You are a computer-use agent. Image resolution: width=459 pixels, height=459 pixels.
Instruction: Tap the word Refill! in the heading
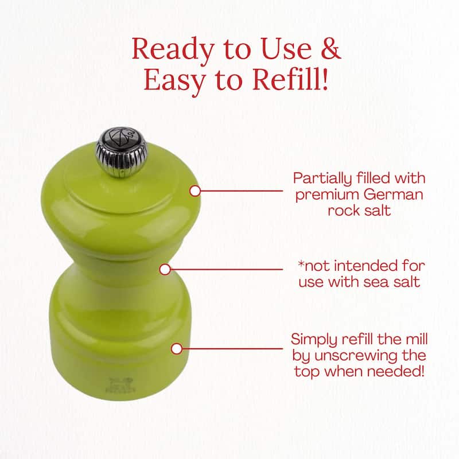290,79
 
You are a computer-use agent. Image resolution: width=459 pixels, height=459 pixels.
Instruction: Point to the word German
394,195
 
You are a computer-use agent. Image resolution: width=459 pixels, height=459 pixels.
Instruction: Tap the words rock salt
359,211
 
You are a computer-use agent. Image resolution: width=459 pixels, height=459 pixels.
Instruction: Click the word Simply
314,340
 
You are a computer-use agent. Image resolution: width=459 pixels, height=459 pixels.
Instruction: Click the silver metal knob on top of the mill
121,152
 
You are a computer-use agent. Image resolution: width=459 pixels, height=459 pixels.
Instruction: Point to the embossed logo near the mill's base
120,385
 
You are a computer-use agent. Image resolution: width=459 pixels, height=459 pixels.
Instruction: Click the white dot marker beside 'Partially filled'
195,191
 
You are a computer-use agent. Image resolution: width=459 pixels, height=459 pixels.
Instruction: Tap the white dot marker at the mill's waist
165,269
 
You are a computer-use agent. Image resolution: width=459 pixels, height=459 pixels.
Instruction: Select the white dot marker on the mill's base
177,349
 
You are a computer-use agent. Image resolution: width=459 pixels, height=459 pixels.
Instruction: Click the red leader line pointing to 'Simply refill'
232,349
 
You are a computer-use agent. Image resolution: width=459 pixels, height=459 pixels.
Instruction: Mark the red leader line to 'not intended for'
227,269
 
